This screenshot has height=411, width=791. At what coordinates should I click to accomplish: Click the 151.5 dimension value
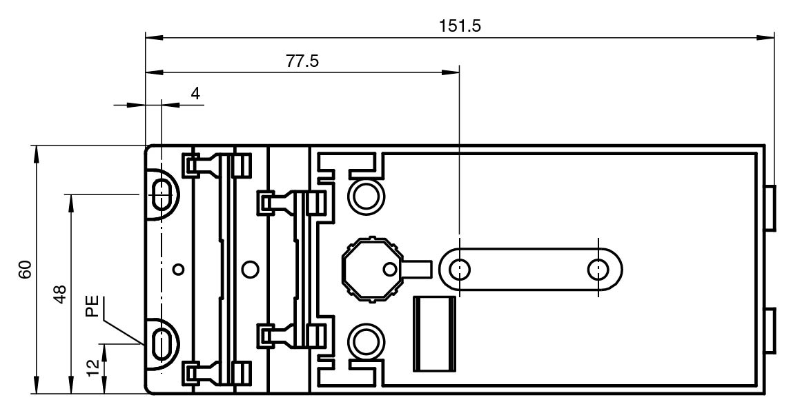pyautogui.click(x=460, y=26)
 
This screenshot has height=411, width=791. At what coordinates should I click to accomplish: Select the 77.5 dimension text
pyautogui.click(x=303, y=61)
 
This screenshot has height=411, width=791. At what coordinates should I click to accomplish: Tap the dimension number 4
pyautogui.click(x=195, y=93)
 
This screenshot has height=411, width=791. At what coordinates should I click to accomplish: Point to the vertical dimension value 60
pyautogui.click(x=26, y=270)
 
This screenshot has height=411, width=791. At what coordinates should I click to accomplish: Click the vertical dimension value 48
pyautogui.click(x=60, y=294)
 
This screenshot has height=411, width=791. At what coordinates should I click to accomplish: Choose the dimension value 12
pyautogui.click(x=92, y=368)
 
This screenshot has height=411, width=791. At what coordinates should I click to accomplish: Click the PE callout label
pyautogui.click(x=92, y=306)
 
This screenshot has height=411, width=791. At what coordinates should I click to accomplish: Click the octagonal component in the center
pyautogui.click(x=371, y=270)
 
